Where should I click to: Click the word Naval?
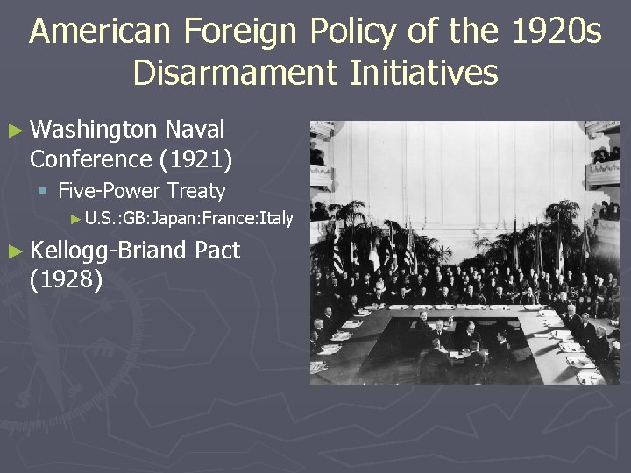tap(196, 131)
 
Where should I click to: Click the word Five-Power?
tap(110, 191)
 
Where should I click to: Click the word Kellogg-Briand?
tap(109, 251)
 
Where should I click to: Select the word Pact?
tap(217, 251)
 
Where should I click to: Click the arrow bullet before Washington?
tap(17, 131)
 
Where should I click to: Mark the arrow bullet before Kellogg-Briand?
tap(17, 251)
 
